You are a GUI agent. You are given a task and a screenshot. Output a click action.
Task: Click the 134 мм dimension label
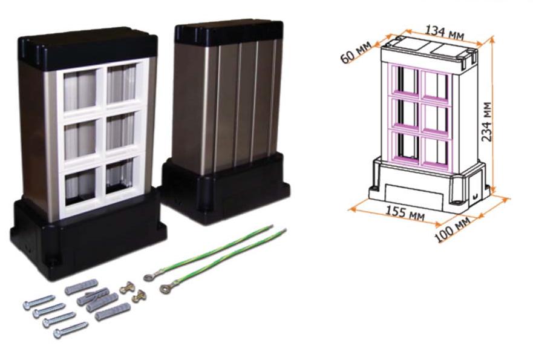[x=445, y=29]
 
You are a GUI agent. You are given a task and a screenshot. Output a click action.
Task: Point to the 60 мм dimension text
[x=355, y=53]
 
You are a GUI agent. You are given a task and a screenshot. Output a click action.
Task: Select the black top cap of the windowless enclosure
[x=229, y=31]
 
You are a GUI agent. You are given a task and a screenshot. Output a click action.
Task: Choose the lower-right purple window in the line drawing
[x=436, y=148]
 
